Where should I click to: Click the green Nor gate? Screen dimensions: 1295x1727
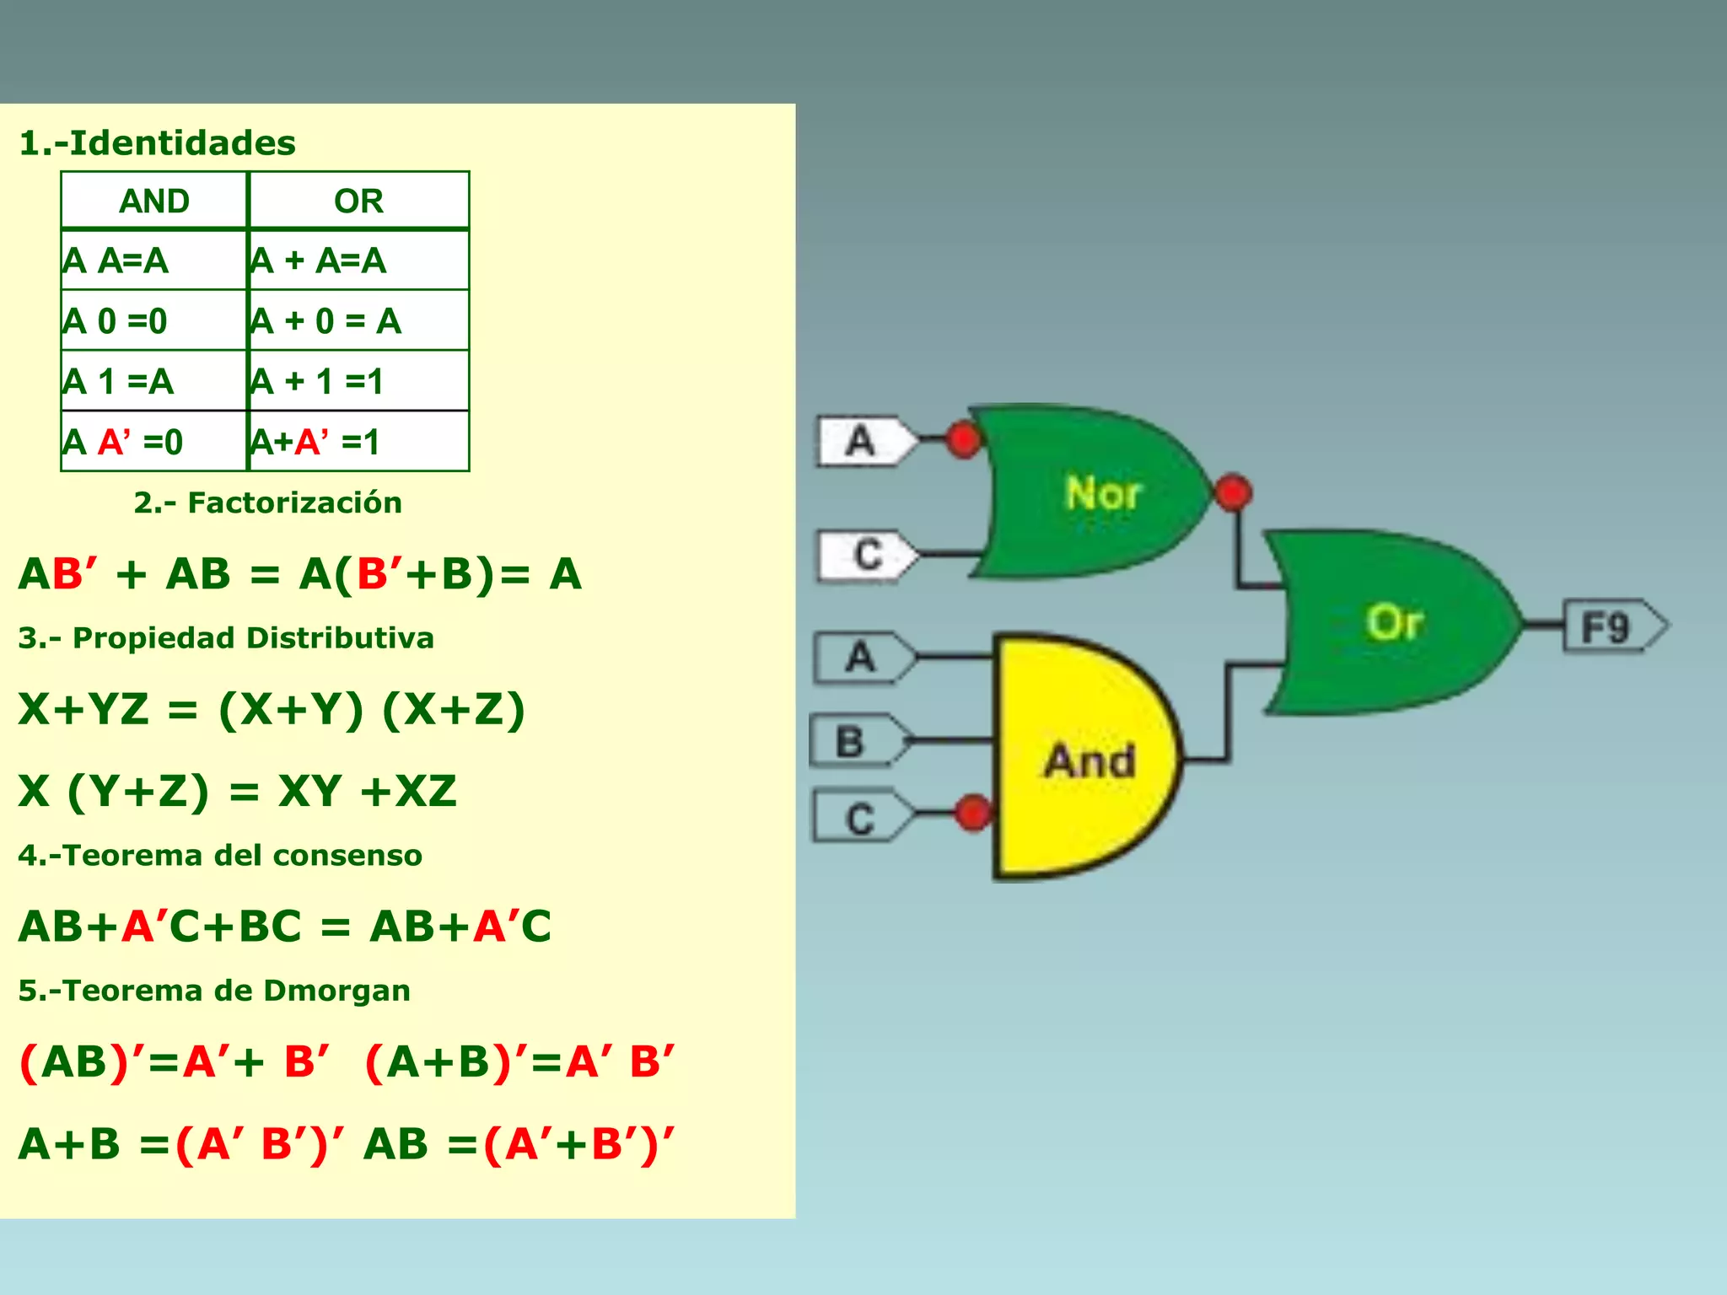[1096, 493]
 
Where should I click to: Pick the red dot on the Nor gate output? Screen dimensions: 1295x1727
[1233, 493]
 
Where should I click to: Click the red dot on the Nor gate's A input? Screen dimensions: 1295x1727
[964, 438]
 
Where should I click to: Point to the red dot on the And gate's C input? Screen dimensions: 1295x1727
[974, 812]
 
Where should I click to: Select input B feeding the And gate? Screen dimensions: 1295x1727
[853, 741]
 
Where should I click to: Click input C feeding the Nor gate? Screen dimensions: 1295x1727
[867, 555]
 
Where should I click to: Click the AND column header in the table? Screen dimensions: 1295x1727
[154, 201]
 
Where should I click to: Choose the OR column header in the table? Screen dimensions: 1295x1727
[358, 201]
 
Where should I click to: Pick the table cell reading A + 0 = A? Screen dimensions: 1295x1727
[358, 320]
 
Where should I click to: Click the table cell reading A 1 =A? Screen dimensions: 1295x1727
[154, 381]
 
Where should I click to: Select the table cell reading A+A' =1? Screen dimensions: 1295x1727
[358, 442]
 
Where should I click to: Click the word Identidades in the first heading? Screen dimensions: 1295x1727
[182, 142]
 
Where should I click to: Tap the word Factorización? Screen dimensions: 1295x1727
[294, 502]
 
